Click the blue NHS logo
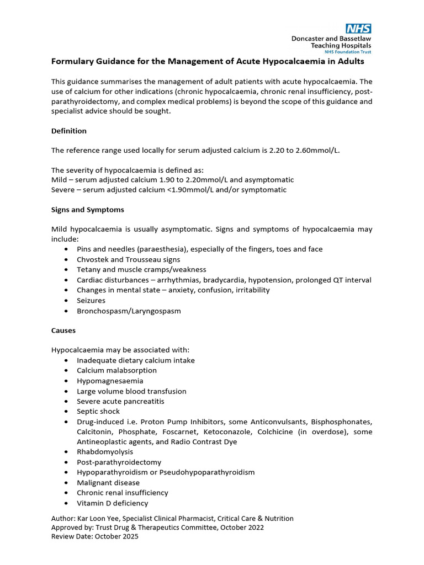pos(358,29)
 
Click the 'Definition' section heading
pos(68,131)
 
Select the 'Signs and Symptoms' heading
pos(87,210)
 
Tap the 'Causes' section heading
pos(63,330)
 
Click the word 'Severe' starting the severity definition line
pos(63,190)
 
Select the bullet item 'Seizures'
pos(91,301)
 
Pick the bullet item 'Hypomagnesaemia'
pos(110,381)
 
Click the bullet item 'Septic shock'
pos(98,411)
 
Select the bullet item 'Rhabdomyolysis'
pos(105,452)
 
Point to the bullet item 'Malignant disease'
pos(108,483)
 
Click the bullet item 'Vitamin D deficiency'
pos(113,503)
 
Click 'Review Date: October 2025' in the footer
pos(95,536)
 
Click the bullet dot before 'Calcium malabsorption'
pos(66,371)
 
